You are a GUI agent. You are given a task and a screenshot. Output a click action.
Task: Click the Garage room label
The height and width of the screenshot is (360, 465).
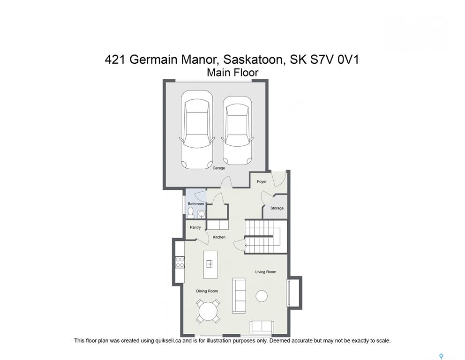218,168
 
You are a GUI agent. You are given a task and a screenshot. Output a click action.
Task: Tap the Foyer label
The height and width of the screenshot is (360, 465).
262,181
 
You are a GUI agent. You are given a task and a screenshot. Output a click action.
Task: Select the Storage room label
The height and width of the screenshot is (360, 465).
277,208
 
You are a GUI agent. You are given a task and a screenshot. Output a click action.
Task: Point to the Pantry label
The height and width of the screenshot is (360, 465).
195,227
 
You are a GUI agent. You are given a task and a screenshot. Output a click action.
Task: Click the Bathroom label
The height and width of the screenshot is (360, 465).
196,204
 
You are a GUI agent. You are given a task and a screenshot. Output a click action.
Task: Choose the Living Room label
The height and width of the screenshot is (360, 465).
266,272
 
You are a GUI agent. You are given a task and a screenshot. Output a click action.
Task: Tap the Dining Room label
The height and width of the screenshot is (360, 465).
207,291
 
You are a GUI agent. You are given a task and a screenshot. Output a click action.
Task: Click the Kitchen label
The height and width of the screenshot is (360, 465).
219,237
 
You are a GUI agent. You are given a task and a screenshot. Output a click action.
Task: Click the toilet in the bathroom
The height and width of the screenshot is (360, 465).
190,212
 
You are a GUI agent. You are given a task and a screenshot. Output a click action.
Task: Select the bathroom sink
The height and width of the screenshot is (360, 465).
202,214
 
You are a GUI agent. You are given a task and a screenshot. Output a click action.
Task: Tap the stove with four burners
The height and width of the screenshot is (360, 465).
180,262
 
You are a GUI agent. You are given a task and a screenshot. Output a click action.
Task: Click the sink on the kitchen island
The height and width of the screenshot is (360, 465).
210,264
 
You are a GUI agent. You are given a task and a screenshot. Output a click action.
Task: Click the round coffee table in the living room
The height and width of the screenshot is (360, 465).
262,296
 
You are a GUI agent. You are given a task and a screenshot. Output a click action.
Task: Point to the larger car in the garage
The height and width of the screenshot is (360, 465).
196,129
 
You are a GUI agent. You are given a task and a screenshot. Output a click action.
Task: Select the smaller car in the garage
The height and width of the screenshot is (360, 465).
237,130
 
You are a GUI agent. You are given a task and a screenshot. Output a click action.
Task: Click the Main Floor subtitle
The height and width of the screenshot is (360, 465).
232,73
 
